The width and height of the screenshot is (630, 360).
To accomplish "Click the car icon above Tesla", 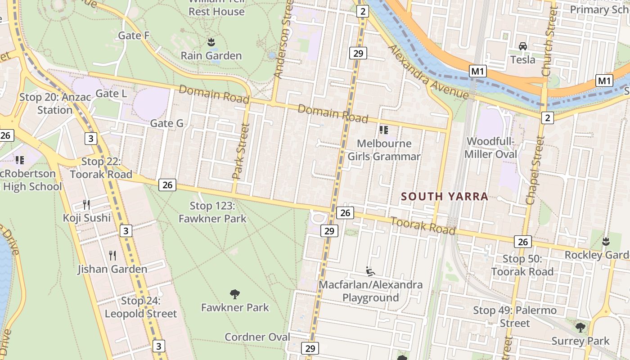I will click(x=522, y=46).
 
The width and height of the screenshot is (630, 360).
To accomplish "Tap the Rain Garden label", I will click(x=211, y=56).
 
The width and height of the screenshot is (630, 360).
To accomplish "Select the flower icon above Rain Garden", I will click(x=211, y=43).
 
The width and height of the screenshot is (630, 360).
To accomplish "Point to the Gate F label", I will click(x=134, y=36).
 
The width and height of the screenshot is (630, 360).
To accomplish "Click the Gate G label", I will click(x=166, y=123).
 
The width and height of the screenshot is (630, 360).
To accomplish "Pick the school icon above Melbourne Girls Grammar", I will click(x=383, y=130).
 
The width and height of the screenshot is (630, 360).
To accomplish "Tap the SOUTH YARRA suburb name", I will click(x=444, y=197).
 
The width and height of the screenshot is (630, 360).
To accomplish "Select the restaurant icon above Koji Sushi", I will click(x=86, y=205).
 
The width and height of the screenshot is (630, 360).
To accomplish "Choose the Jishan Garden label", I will click(x=112, y=269).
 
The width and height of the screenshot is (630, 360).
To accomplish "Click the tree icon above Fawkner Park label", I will click(x=234, y=294).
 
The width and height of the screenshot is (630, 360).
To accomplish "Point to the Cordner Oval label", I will click(x=257, y=337).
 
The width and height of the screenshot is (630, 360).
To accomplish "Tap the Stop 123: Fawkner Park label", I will click(x=212, y=212).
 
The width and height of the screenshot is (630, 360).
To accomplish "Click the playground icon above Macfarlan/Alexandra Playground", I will click(x=370, y=271).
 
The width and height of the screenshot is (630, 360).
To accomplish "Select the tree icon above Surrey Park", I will click(x=580, y=327).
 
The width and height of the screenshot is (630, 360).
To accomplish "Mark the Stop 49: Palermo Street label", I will click(x=515, y=317).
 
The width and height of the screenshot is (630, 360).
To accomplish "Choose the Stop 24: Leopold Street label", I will click(x=141, y=307).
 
